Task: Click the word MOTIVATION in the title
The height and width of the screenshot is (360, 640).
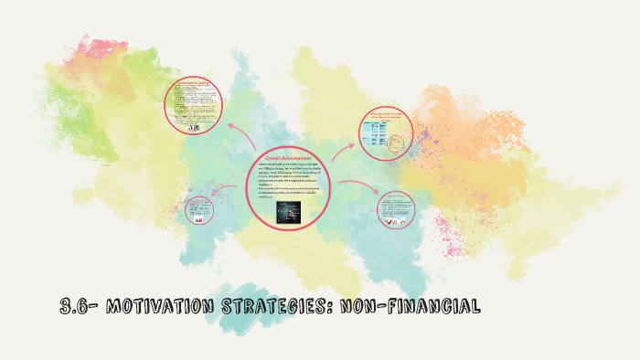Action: (x=159, y=307)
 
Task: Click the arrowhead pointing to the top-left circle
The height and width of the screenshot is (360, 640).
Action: (x=229, y=126)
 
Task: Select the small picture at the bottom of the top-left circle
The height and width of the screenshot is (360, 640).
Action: (x=193, y=128)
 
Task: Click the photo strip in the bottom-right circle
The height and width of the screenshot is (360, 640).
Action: (x=396, y=221)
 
